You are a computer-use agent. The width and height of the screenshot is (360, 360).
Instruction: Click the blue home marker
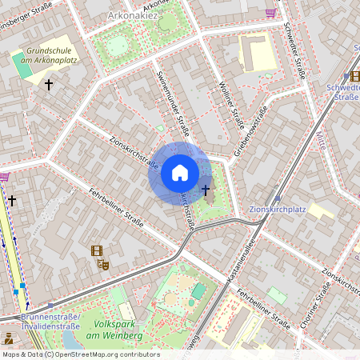tap(180, 173)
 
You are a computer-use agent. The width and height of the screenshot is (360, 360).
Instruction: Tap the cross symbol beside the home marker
tap(206, 190)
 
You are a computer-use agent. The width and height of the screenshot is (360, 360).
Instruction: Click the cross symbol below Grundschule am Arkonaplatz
tap(49, 84)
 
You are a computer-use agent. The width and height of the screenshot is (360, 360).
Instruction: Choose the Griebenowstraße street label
tap(249, 132)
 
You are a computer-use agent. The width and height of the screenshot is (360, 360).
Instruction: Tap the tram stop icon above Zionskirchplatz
tap(278, 197)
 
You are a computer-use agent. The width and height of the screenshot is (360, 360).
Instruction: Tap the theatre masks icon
tap(102, 263)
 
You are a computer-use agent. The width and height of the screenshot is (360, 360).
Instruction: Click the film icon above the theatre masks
tap(97, 250)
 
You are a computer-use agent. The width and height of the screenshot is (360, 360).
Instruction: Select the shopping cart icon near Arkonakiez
tap(271, 13)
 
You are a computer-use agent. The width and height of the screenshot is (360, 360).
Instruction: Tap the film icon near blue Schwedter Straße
tap(354, 76)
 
